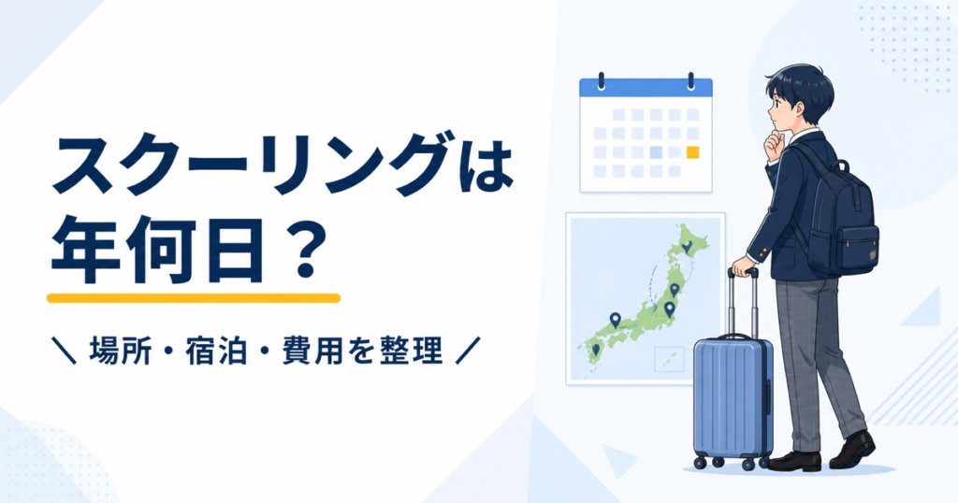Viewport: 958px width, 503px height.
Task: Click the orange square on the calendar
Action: tap(693, 152)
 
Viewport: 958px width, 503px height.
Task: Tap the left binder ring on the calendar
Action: tap(602, 80)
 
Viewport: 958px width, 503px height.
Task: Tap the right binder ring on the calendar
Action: tap(691, 80)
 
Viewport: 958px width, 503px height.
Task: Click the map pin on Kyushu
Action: tap(596, 350)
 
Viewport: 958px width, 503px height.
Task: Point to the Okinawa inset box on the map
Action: tap(669, 359)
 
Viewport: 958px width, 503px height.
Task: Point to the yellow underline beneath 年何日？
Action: tap(194, 298)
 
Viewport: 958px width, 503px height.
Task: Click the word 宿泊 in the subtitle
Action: tap(216, 352)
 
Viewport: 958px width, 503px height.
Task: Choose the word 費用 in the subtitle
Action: tap(312, 352)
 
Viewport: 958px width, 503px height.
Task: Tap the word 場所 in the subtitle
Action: tap(120, 352)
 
